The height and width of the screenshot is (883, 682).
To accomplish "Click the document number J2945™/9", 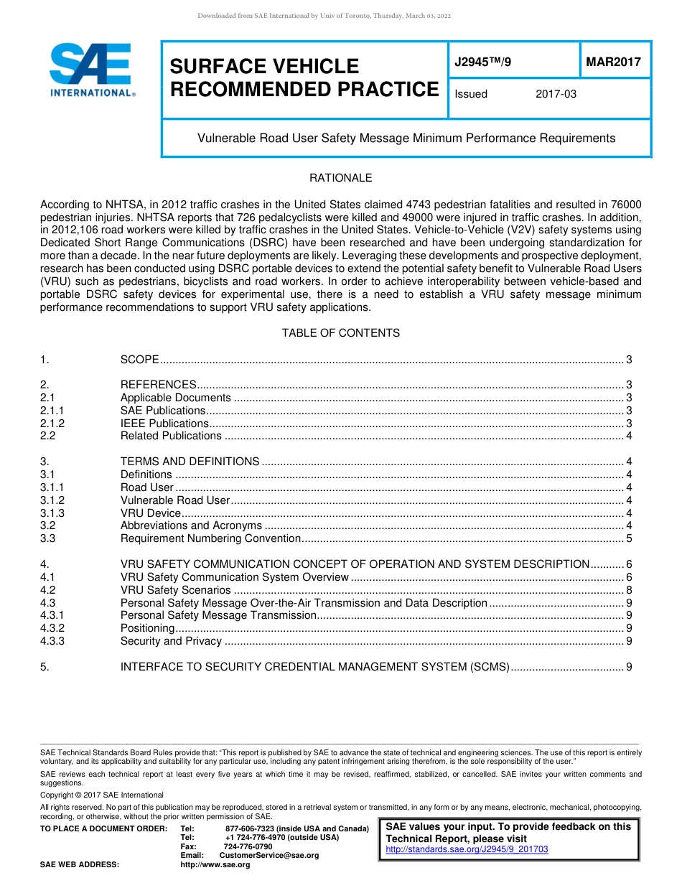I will tap(483, 62).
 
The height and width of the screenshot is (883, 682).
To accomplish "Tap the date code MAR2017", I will tap(613, 62).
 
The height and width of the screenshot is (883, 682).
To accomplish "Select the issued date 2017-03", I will tap(556, 94).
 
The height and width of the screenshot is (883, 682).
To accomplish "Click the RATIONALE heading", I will tap(340, 178).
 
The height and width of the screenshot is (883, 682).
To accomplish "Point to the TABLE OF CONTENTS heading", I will tap(340, 333).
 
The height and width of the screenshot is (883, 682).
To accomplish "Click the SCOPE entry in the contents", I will tap(139, 360).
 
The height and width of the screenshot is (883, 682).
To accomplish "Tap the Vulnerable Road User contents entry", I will tap(174, 500).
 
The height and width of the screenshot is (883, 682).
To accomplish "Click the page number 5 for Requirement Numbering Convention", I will tap(629, 538).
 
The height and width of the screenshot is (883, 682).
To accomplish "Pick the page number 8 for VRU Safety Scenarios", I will tap(629, 590).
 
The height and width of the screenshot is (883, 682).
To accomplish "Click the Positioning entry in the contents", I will tap(147, 629).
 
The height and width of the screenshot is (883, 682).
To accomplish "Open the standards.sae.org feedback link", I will tap(467, 849).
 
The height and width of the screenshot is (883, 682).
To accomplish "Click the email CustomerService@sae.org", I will tap(269, 856).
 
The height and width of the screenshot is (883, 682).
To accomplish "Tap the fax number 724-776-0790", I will tap(248, 846).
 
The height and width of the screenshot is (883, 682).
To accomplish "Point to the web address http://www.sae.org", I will tap(215, 865).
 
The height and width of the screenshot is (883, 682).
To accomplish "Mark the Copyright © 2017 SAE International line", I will tap(102, 795).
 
